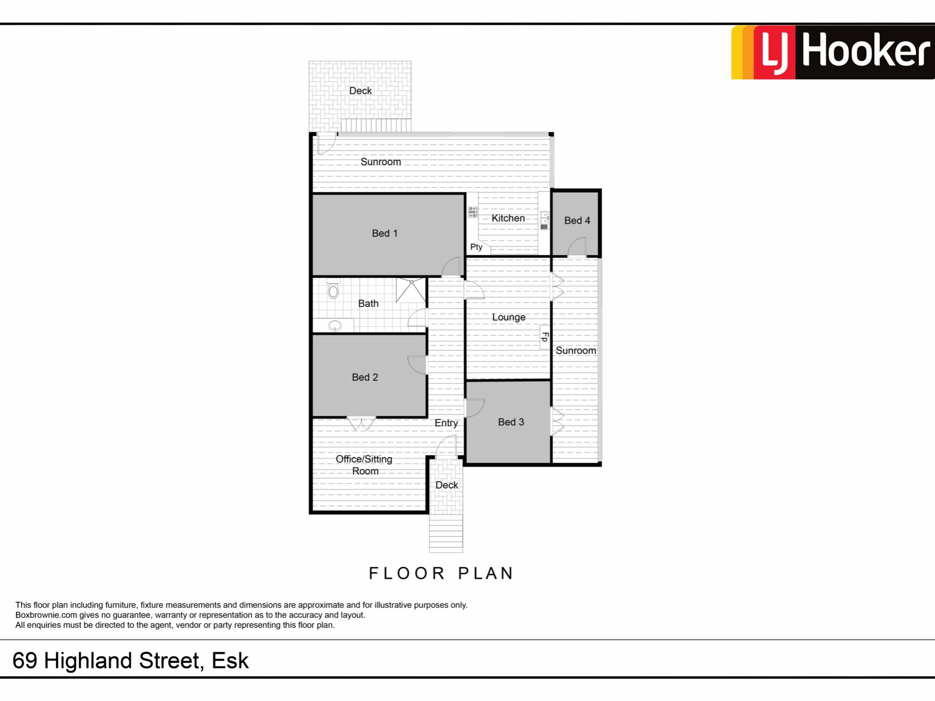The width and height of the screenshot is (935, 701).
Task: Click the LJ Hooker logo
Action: point(833,52)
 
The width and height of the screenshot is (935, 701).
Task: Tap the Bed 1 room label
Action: point(385,233)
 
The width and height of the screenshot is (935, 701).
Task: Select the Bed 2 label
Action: point(365,377)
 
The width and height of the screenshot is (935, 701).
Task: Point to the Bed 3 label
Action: point(511,422)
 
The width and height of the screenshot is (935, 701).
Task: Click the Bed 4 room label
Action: point(577,221)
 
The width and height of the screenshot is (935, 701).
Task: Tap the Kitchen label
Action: point(508,218)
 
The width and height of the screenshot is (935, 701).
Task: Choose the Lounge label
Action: point(508,317)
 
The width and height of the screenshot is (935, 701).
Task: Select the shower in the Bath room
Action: point(411,290)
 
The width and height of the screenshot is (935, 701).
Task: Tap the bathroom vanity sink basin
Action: point(335,326)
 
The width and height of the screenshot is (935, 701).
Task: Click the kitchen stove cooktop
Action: point(472,212)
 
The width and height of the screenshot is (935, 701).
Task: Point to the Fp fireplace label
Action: point(545,337)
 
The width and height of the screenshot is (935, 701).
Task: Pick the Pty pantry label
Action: point(476,247)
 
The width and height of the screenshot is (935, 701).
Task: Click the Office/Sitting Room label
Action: point(364,465)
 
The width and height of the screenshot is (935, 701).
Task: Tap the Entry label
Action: point(446,423)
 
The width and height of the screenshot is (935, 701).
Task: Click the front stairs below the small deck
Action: point(446,534)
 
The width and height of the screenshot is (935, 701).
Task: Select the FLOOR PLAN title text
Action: point(441,573)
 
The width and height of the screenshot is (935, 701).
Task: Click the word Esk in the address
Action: point(230,661)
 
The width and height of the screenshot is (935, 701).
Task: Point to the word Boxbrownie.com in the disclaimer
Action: point(46,615)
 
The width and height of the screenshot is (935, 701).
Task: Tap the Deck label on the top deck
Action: point(360,91)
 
